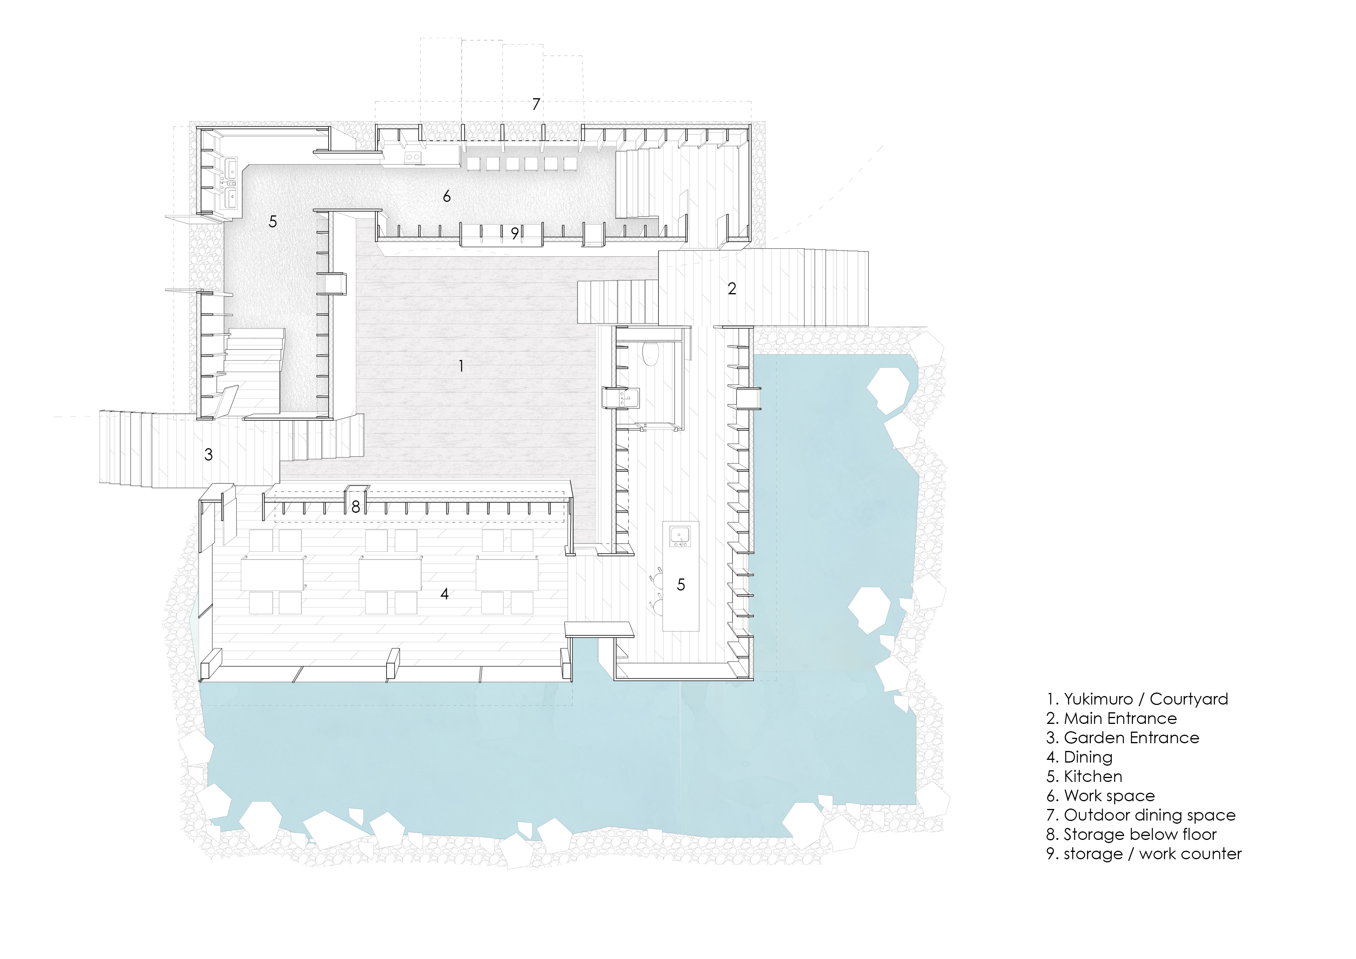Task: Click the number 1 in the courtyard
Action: coord(461,366)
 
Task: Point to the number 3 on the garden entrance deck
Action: coord(208,454)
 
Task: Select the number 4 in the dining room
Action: coord(445,593)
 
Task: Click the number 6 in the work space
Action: coord(447,196)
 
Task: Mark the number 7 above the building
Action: coord(536,104)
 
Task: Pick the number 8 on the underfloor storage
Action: coord(356,507)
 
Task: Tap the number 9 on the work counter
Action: coord(515,234)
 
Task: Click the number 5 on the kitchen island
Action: coord(681,584)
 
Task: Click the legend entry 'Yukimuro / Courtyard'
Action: coord(1146,699)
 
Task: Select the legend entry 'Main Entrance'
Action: coord(1120,718)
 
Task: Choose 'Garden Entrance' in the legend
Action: coord(1131,738)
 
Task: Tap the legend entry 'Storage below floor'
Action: coord(1140,835)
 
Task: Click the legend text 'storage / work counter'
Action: coord(1153,855)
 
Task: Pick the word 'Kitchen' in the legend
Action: coord(1093,776)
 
